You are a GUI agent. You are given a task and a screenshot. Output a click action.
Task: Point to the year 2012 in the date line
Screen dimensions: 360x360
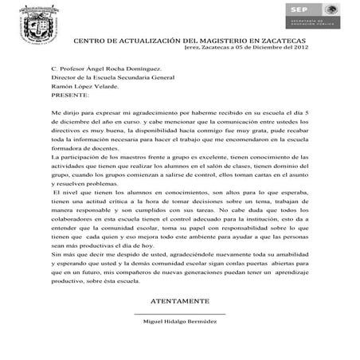(x=300, y=48)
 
